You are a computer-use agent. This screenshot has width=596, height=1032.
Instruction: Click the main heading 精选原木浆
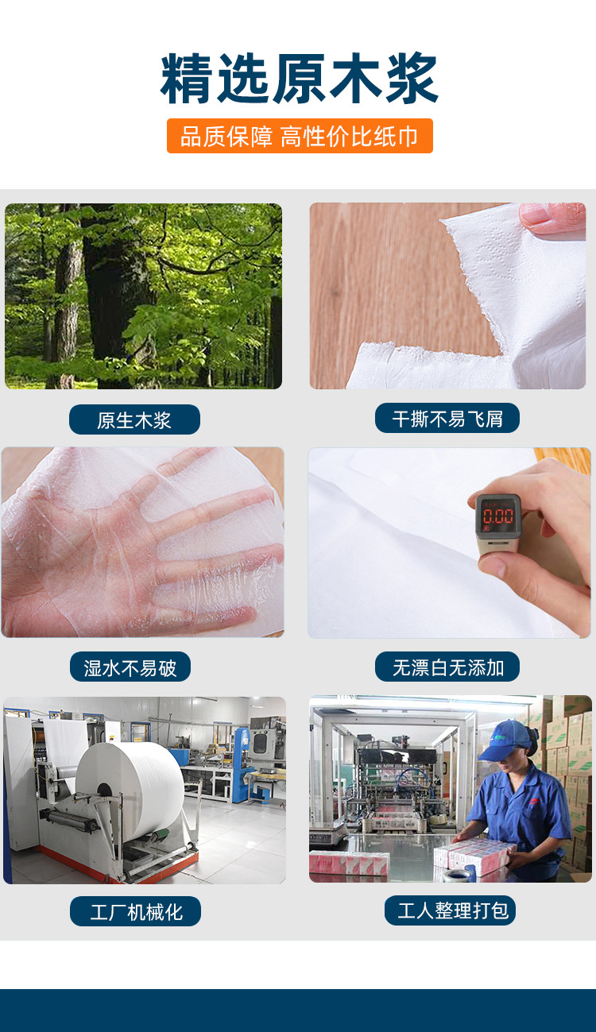(x=299, y=79)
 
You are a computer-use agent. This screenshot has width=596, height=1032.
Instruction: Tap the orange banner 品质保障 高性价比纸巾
(x=300, y=136)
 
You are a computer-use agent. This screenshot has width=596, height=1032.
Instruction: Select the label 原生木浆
(x=134, y=419)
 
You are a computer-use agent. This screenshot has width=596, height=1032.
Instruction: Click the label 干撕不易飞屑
(x=447, y=418)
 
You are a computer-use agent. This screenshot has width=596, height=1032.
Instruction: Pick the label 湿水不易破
(x=130, y=667)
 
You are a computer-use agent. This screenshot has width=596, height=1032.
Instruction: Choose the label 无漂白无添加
(x=447, y=667)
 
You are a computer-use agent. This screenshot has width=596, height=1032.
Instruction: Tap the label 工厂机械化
(x=135, y=911)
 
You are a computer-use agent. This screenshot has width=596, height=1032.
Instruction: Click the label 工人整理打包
(x=450, y=910)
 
